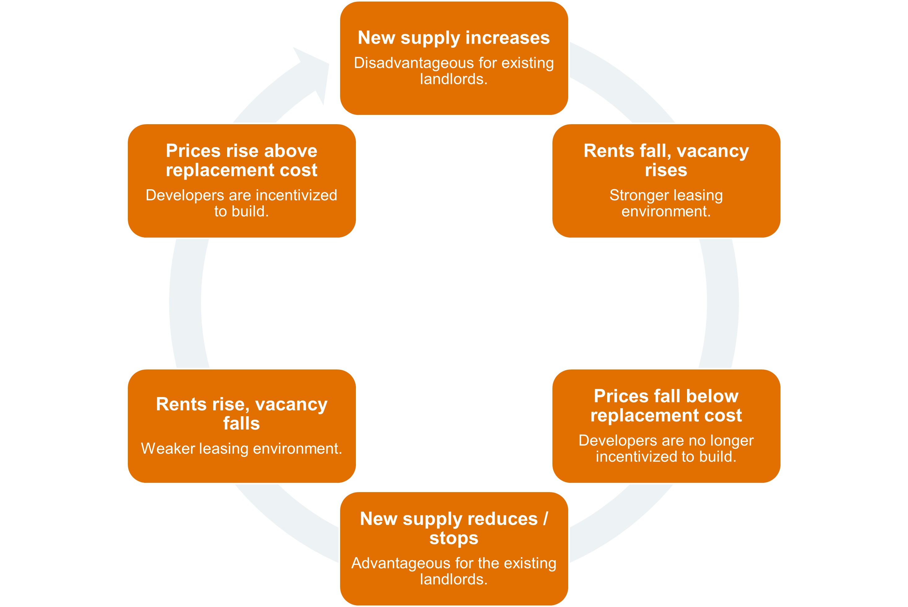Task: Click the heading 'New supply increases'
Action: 453,38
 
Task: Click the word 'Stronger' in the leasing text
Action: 633,195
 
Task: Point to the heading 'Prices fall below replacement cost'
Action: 666,406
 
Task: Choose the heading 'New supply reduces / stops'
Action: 453,528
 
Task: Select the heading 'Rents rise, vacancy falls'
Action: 241,414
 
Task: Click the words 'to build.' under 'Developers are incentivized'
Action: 241,212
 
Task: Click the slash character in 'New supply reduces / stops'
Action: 546,519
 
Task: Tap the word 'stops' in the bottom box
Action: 453,539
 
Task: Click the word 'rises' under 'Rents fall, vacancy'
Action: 666,170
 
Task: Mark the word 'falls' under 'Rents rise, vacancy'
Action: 241,424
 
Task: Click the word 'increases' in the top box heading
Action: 508,38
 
